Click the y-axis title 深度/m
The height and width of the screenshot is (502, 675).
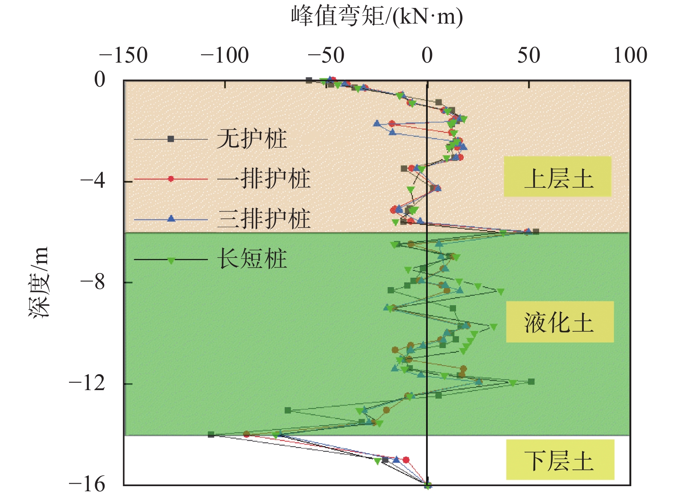tap(39, 282)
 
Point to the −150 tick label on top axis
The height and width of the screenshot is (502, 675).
tap(123, 56)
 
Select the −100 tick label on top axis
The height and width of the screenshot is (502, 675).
tap(225, 56)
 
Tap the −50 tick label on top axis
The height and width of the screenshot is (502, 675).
tap(326, 56)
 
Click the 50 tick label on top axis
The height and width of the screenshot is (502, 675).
tap(528, 56)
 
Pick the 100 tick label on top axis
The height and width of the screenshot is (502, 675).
tap(630, 56)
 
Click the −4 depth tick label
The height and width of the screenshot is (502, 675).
tap(93, 181)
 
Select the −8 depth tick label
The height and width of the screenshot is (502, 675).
tap(93, 282)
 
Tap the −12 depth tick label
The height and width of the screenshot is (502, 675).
tap(87, 383)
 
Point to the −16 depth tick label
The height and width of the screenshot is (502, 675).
tap(87, 484)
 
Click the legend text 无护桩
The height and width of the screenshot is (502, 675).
tap(252, 139)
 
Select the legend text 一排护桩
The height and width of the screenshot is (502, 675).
tap(263, 179)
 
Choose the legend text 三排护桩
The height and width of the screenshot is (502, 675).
tap(263, 219)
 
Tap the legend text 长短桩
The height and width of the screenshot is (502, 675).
tap(252, 259)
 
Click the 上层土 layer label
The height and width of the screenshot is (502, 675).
tap(558, 177)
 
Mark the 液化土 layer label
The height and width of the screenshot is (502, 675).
tap(559, 322)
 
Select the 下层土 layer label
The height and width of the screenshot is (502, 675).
tap(560, 460)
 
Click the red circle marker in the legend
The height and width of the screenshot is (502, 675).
tap(171, 179)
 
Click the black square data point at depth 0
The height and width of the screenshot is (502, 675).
tap(309, 80)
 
